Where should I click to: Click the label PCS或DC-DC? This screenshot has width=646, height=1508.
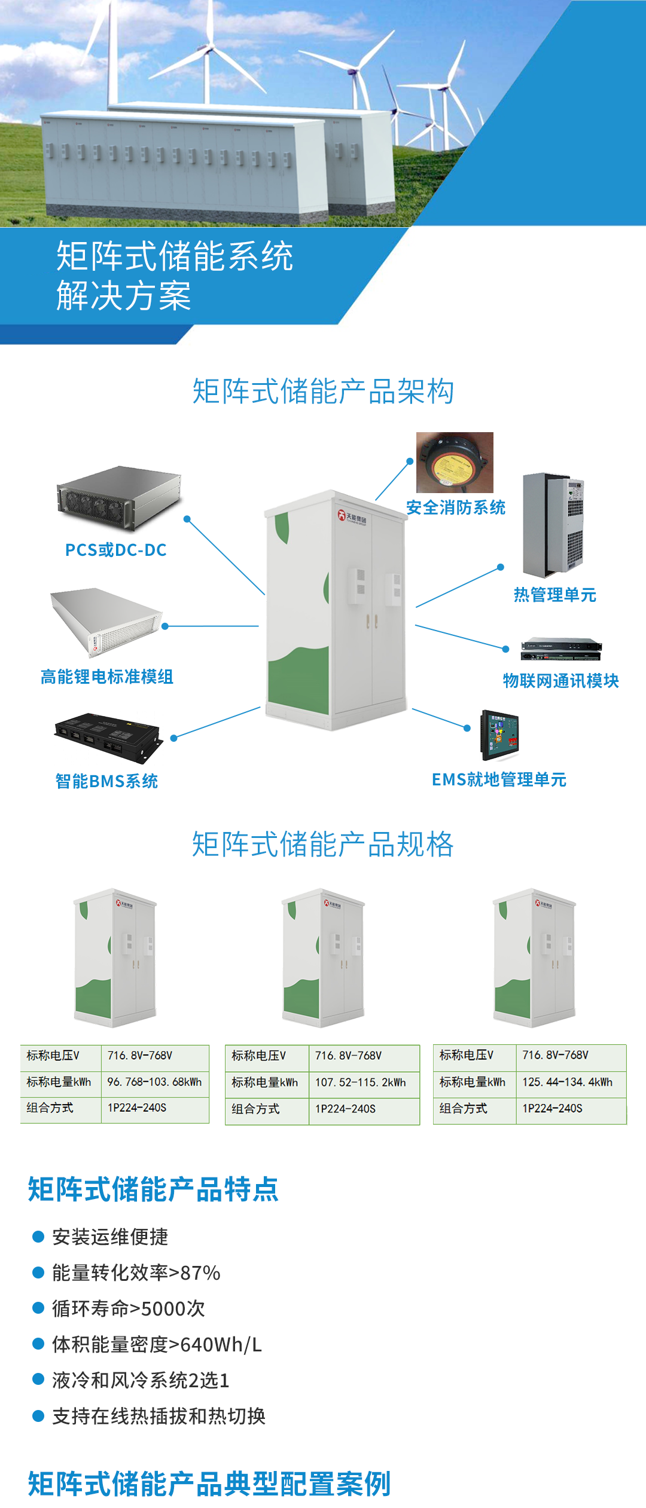(x=115, y=550)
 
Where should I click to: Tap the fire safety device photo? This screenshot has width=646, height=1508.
(x=455, y=462)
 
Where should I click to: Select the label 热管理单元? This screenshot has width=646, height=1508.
(x=555, y=595)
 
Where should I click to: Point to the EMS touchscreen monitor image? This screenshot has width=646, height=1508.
(x=500, y=735)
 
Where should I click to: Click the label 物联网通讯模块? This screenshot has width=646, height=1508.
(x=560, y=681)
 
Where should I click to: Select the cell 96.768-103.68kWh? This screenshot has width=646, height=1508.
(x=154, y=1082)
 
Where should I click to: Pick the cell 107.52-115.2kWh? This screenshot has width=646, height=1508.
(x=360, y=1082)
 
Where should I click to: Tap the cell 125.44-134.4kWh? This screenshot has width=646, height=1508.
(x=567, y=1082)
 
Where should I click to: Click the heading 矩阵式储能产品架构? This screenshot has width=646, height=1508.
(x=323, y=391)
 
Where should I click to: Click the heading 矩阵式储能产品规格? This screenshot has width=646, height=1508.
(x=323, y=845)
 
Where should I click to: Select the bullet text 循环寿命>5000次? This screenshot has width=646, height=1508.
(x=129, y=1308)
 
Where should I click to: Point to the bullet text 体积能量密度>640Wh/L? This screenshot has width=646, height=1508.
(x=157, y=1344)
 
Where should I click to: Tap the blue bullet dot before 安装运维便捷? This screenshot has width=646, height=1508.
(x=38, y=1237)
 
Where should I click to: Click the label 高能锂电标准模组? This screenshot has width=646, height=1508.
(x=106, y=677)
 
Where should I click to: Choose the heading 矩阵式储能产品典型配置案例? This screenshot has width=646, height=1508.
(x=209, y=1484)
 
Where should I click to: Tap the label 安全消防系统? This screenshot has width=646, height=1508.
(x=456, y=507)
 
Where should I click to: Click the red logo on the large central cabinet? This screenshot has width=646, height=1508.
(x=342, y=515)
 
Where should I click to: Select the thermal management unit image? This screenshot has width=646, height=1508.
(x=553, y=525)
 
